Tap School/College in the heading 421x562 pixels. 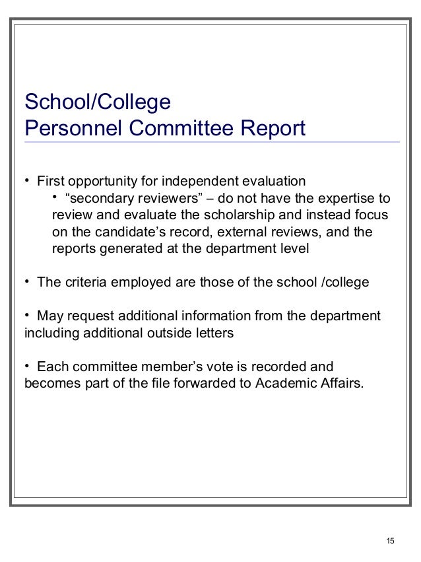tap(97, 102)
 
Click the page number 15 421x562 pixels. tap(390, 542)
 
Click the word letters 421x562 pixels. tap(212, 334)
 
